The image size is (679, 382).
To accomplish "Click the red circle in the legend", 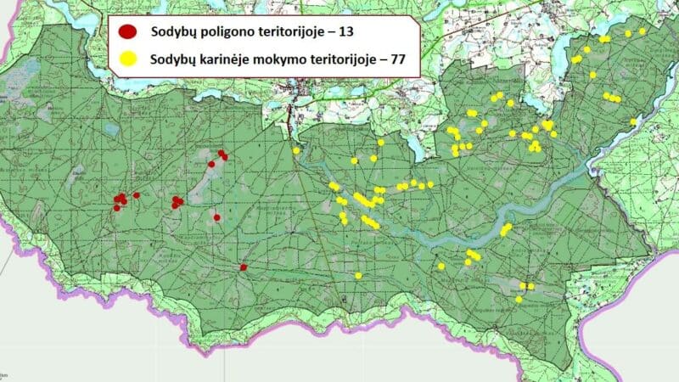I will point(129,33).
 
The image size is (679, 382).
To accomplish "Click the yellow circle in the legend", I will point(129,60).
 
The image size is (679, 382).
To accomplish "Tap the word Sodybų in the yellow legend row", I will point(173,60).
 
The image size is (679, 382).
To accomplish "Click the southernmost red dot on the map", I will point(244,267).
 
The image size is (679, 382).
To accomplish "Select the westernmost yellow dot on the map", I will point(296,150).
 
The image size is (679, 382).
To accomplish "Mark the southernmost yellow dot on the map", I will point(519,299).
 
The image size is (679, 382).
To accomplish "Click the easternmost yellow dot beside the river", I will point(633,121).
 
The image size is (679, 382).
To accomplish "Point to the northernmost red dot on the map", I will point(221,153).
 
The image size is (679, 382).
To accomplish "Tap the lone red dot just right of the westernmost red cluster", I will point(137,195).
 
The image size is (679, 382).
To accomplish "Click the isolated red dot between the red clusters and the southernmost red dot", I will point(217,217).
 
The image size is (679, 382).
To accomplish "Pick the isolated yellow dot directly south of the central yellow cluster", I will point(359,276).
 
